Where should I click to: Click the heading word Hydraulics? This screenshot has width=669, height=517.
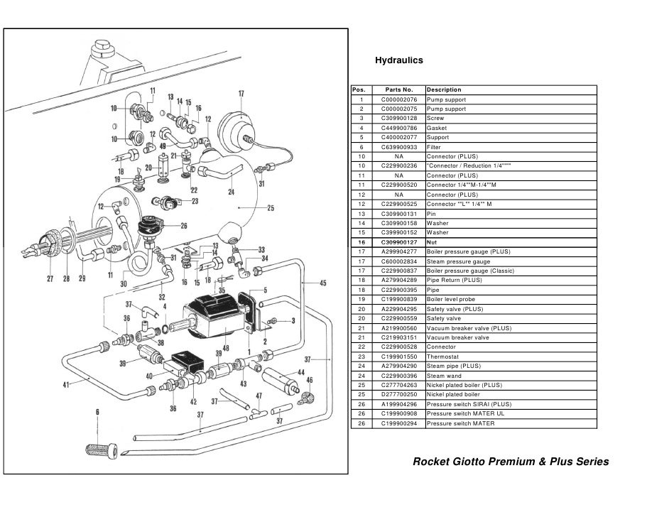[x=398, y=61]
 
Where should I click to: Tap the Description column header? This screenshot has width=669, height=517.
[x=444, y=90]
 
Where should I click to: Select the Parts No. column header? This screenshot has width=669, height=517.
[x=398, y=90]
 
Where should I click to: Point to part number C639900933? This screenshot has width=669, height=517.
[x=398, y=147]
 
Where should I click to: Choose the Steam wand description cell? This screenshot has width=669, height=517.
[x=445, y=376]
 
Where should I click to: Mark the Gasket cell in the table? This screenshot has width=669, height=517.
[x=437, y=128]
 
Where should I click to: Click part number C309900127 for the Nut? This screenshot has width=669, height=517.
[x=398, y=242]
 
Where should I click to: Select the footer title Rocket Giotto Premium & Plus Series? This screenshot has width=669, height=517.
[x=511, y=462]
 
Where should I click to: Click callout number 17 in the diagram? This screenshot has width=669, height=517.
[x=241, y=93]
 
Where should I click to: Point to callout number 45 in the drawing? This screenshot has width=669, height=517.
[x=322, y=283]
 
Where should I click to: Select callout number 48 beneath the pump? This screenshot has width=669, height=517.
[x=225, y=348]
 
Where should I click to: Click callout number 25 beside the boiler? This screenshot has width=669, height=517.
[x=270, y=208]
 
